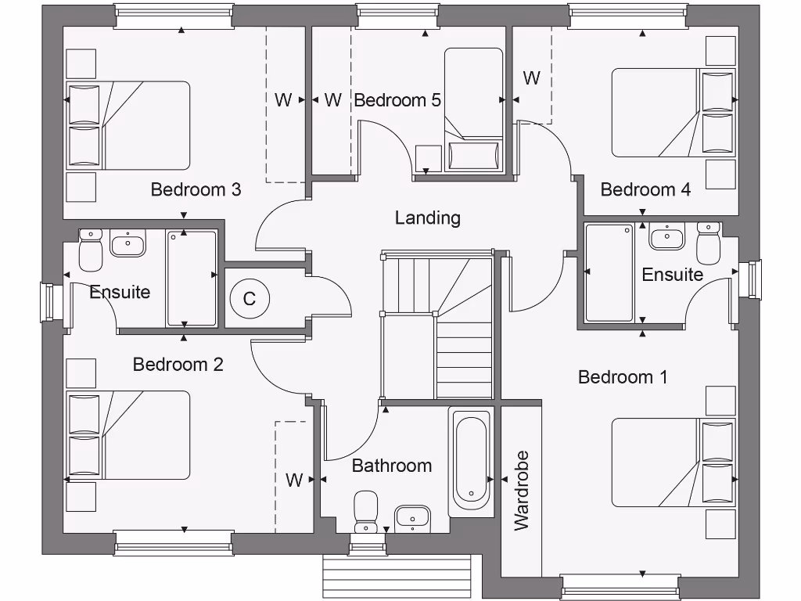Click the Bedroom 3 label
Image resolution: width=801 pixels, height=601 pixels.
pos(196,189)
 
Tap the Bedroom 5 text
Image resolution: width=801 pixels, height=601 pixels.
pos(397,100)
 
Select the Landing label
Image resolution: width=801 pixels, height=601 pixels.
pos(427,218)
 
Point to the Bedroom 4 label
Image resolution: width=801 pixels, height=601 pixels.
pos(645,189)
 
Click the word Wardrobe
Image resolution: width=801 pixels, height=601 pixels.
pos(522,491)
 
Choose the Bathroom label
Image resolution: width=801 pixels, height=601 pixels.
pos(391,466)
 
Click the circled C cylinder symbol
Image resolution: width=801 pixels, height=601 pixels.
pos(250,298)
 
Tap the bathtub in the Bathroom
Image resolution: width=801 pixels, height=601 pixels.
pos(471,460)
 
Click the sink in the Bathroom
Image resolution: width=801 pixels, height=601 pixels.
pos(411,516)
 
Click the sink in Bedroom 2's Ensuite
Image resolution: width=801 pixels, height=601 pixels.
pos(127,243)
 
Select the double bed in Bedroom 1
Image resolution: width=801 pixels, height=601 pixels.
pos(673,462)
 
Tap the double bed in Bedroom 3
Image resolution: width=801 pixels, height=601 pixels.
pos(128,125)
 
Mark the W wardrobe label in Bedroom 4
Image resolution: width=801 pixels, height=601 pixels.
pos(531,78)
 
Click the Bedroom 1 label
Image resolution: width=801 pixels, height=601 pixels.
pos(623,377)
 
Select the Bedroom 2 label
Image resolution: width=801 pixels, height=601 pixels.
pos(178,365)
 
